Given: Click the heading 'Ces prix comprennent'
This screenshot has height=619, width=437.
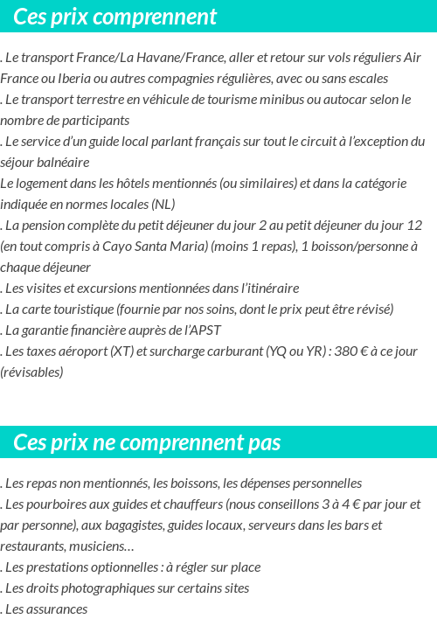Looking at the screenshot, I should (x=115, y=17).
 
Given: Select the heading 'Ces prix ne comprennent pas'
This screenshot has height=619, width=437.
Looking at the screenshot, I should (x=147, y=442).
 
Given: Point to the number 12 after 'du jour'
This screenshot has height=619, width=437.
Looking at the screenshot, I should (x=414, y=225).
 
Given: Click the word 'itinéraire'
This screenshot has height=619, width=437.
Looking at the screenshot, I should (x=267, y=288).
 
